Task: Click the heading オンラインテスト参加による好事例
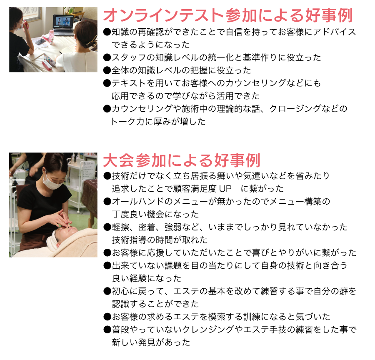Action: (228, 15)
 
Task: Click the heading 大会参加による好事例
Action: (182, 160)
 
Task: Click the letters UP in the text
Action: (225, 189)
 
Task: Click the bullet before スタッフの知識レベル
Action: (107, 57)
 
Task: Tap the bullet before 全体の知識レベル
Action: (107, 70)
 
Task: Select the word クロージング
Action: (295, 109)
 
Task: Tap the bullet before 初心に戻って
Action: (107, 291)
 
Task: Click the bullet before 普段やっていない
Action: (107, 330)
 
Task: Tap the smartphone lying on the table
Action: (40, 42)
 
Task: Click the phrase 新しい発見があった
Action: (151, 342)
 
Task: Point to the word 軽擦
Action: (120, 227)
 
